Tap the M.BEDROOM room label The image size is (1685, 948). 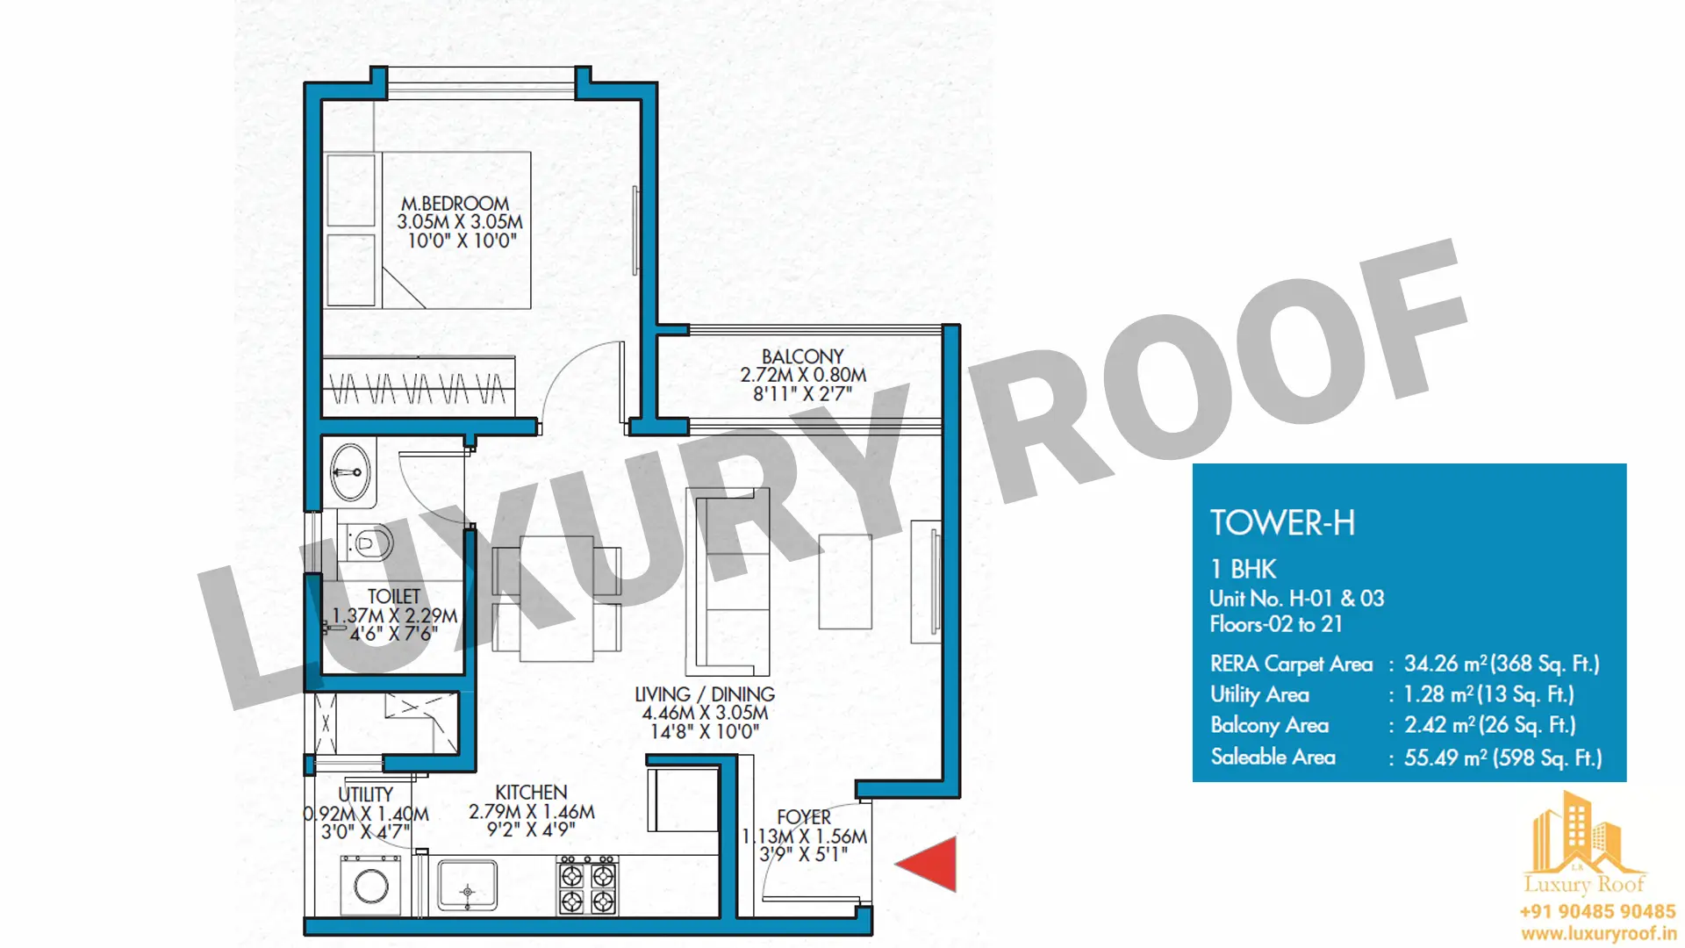pyautogui.click(x=455, y=204)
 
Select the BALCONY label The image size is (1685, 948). pyautogui.click(x=802, y=356)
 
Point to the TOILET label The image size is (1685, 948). pyautogui.click(x=393, y=597)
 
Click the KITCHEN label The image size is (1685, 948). pyautogui.click(x=531, y=793)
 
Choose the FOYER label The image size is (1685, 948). pyautogui.click(x=804, y=817)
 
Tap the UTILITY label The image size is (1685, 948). pyautogui.click(x=365, y=794)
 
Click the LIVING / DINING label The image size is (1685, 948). pyautogui.click(x=705, y=694)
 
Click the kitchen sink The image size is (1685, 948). pyautogui.click(x=467, y=886)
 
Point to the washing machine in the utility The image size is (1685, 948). pyautogui.click(x=371, y=886)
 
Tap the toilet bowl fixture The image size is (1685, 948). pyautogui.click(x=367, y=544)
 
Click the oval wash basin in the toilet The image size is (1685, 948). pyautogui.click(x=350, y=472)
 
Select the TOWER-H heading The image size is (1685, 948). pyautogui.click(x=1282, y=523)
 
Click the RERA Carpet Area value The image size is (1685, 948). pyautogui.click(x=1502, y=664)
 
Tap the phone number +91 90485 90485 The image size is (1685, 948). pyautogui.click(x=1598, y=912)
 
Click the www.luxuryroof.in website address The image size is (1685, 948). pyautogui.click(x=1598, y=934)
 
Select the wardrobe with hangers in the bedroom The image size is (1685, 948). pyautogui.click(x=419, y=385)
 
